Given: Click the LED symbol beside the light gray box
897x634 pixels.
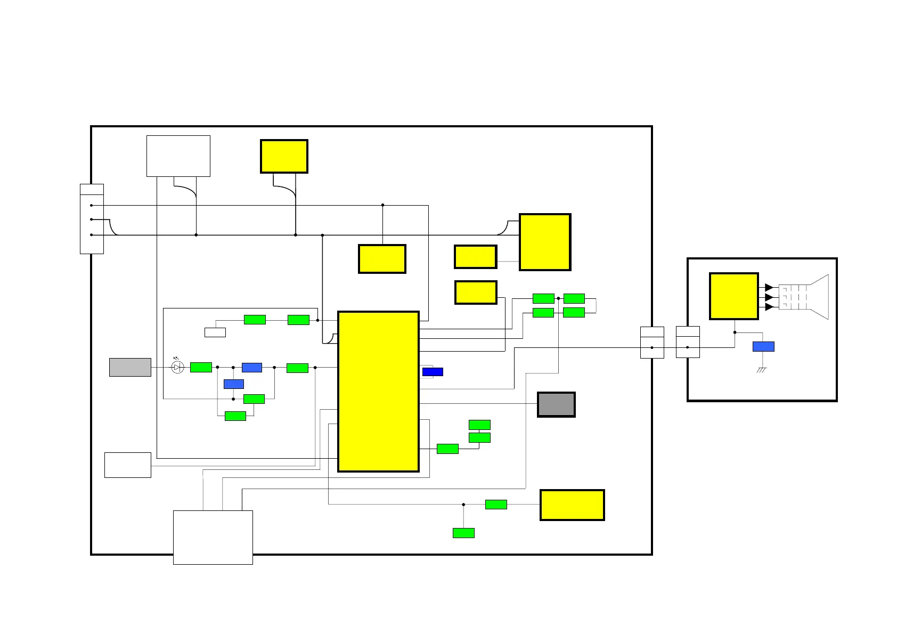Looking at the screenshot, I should coord(178,367).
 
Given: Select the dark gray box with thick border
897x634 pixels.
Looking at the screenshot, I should coord(556,404).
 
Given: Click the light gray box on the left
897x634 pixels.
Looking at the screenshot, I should coord(130,367).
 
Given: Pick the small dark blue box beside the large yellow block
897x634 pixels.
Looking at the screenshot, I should coord(433,372).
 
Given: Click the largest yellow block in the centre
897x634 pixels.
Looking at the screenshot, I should coord(378,392).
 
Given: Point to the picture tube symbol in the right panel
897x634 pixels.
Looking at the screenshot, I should coord(804,297).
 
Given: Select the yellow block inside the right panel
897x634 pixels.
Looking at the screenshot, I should coord(733,296).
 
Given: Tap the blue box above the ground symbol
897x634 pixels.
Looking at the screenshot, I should coord(763,347).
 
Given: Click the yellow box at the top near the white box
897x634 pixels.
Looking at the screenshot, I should coord(284,156).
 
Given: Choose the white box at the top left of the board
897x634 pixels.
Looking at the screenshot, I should coord(178,156).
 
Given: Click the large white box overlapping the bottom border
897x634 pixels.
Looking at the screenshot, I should coord(213,537).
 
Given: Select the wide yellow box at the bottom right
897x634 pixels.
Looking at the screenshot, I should coord(572,505).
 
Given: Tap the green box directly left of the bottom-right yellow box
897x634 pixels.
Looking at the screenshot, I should coord(496,505).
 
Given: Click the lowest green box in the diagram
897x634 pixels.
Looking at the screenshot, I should coord(463,533).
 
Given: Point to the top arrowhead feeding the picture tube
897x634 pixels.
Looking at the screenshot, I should coord(769,288).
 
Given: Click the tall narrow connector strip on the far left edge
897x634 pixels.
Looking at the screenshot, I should coord(92,219).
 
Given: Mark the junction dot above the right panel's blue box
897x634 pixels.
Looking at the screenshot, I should coord(735,332).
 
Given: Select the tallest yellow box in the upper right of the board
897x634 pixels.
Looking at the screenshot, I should coord(545,242).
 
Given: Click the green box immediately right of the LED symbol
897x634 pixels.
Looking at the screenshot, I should coord(201,367).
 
